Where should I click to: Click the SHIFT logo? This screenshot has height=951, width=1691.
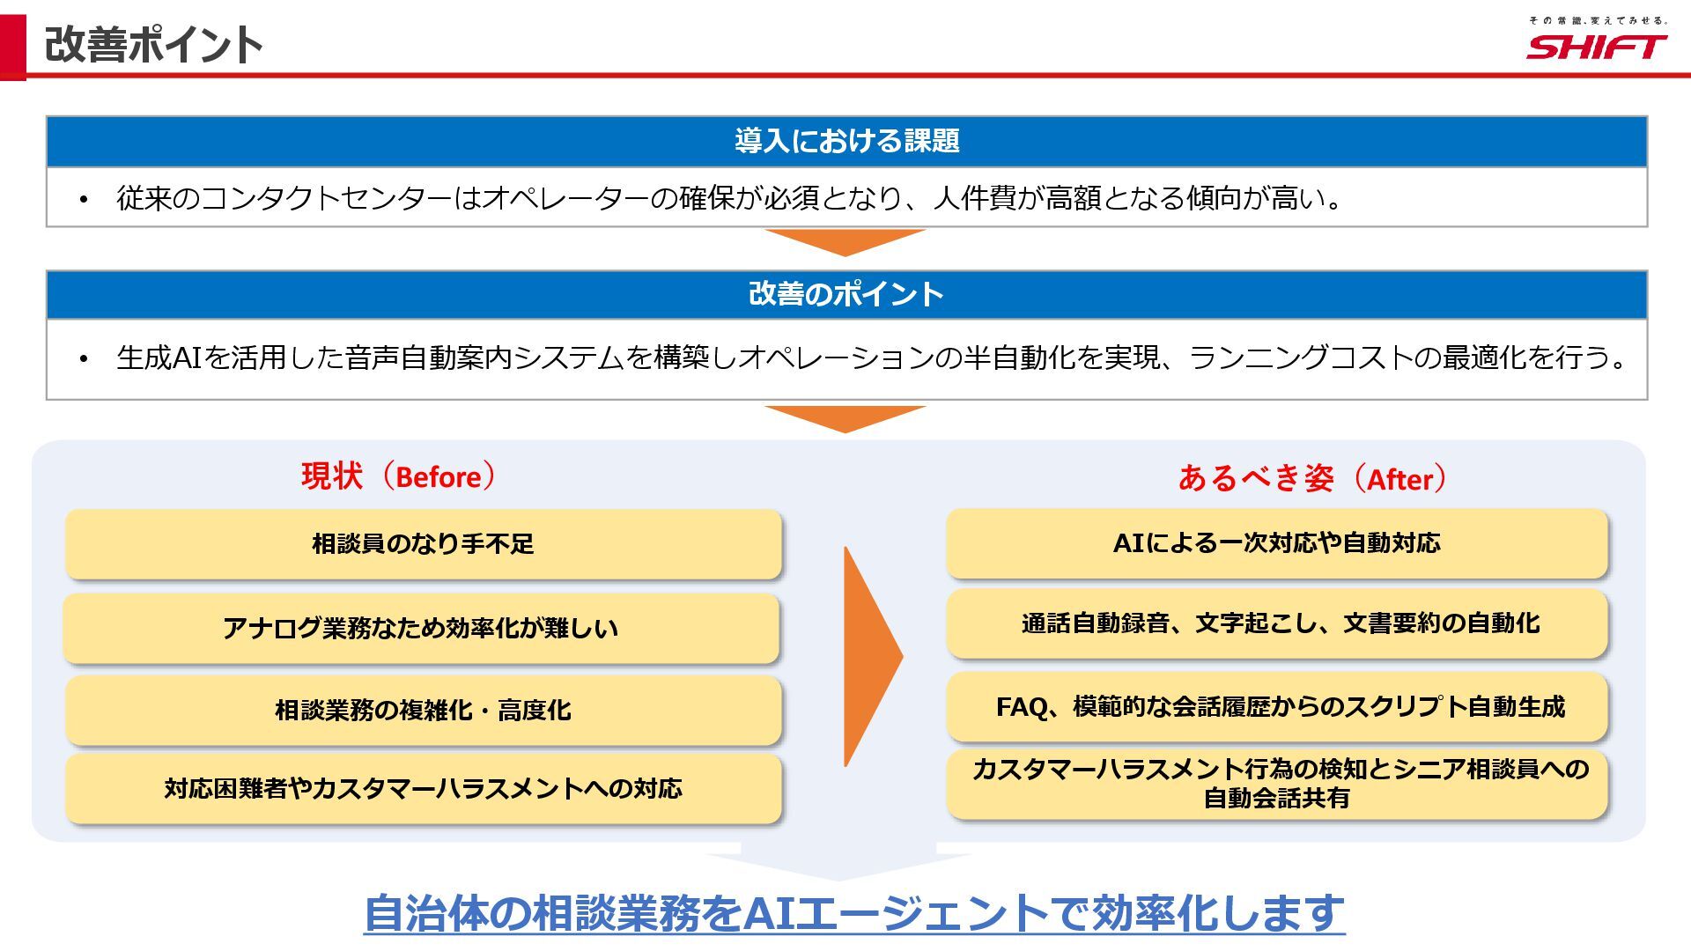(x=1596, y=46)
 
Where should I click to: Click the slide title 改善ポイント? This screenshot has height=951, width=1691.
(x=154, y=44)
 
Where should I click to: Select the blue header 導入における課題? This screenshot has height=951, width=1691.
(x=846, y=141)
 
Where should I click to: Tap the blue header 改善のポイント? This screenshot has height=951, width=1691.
(x=846, y=294)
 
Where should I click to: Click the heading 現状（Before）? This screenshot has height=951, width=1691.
(x=398, y=476)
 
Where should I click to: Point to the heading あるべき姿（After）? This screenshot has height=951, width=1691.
(x=1312, y=478)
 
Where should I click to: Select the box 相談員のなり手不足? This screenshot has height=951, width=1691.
(x=423, y=544)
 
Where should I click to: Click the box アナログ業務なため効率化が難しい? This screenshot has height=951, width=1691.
(x=421, y=628)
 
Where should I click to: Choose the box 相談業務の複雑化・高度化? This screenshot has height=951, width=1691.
(x=423, y=711)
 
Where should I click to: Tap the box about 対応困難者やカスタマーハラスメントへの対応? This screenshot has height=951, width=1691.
(x=423, y=788)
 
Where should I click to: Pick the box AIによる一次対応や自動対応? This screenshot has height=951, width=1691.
(x=1277, y=543)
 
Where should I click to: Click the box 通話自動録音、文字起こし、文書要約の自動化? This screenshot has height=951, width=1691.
(x=1277, y=623)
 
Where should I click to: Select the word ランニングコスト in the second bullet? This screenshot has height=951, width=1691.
(x=1302, y=358)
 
